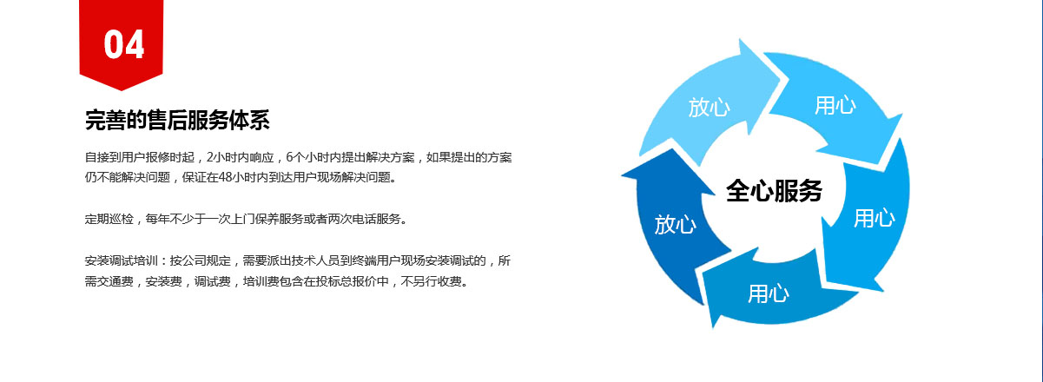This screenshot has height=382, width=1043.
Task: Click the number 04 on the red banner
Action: coord(124,44)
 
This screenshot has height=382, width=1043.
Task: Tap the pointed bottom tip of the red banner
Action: coord(122,90)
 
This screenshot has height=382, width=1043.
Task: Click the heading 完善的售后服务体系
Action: coord(177,120)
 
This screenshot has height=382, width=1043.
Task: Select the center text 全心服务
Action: coord(774,191)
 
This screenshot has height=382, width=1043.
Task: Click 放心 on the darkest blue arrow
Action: coord(675,224)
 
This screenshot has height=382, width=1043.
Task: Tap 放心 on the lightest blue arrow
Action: coord(710,107)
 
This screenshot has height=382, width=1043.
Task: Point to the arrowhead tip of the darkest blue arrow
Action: coord(623,176)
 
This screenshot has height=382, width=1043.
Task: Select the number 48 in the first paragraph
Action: coord(226,177)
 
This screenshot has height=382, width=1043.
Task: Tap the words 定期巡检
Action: coord(109,219)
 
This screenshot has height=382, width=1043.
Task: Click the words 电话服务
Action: coord(376,219)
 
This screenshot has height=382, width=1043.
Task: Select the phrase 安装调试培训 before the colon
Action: coord(121,260)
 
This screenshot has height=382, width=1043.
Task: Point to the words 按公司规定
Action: coord(201,260)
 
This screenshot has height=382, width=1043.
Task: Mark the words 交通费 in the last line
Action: coord(115,281)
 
